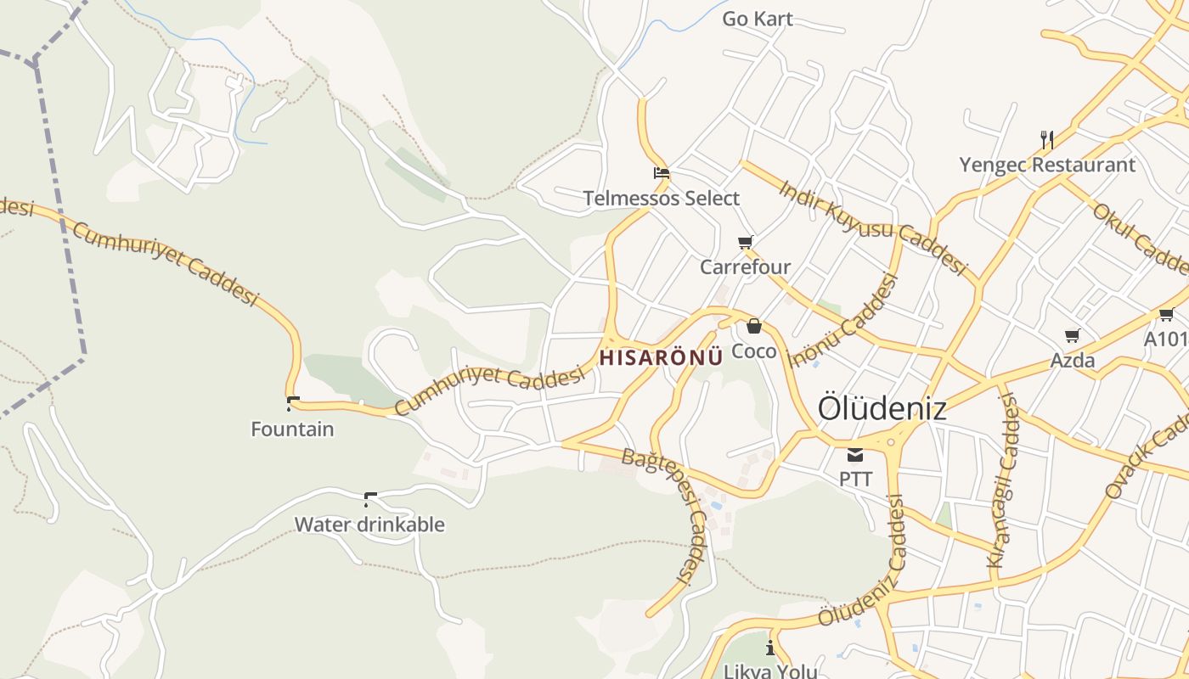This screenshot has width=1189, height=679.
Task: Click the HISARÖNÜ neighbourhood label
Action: pyautogui.click(x=661, y=357)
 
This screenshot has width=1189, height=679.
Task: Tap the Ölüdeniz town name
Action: pyautogui.click(x=882, y=408)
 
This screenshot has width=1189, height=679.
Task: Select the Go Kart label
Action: pyautogui.click(x=758, y=19)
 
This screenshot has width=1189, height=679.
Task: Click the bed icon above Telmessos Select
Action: pyautogui.click(x=662, y=173)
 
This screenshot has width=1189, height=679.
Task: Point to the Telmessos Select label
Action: pyautogui.click(x=662, y=199)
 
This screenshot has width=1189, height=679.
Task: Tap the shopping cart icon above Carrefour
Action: pyautogui.click(x=746, y=243)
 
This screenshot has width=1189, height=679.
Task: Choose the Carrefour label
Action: pyautogui.click(x=745, y=267)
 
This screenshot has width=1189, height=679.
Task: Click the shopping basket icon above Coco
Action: pyautogui.click(x=754, y=326)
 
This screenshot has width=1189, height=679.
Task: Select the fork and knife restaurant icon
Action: pyautogui.click(x=1047, y=140)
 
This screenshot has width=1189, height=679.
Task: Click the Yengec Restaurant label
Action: pyautogui.click(x=1047, y=165)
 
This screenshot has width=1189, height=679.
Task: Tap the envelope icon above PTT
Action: pyautogui.click(x=855, y=455)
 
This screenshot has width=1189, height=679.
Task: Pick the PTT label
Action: pyautogui.click(x=855, y=479)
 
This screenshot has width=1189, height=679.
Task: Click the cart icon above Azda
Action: pyautogui.click(x=1073, y=335)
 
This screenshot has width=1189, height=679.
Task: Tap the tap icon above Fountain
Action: pyautogui.click(x=293, y=404)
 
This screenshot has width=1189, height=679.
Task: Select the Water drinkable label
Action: pyautogui.click(x=369, y=525)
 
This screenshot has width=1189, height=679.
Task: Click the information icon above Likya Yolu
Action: pyautogui.click(x=771, y=648)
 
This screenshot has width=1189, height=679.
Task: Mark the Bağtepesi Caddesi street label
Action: pyautogui.click(x=668, y=509)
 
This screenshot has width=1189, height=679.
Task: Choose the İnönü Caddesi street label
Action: pyautogui.click(x=843, y=321)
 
